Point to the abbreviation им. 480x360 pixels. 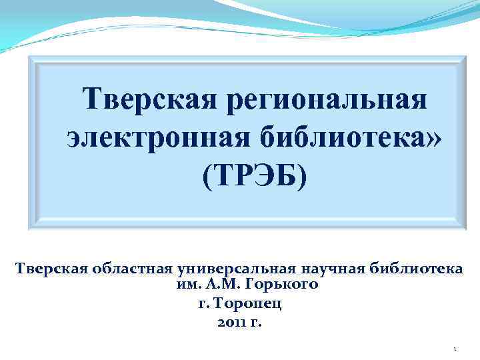[183, 285]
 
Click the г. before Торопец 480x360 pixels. [204, 305]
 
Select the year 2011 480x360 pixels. [231, 323]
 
